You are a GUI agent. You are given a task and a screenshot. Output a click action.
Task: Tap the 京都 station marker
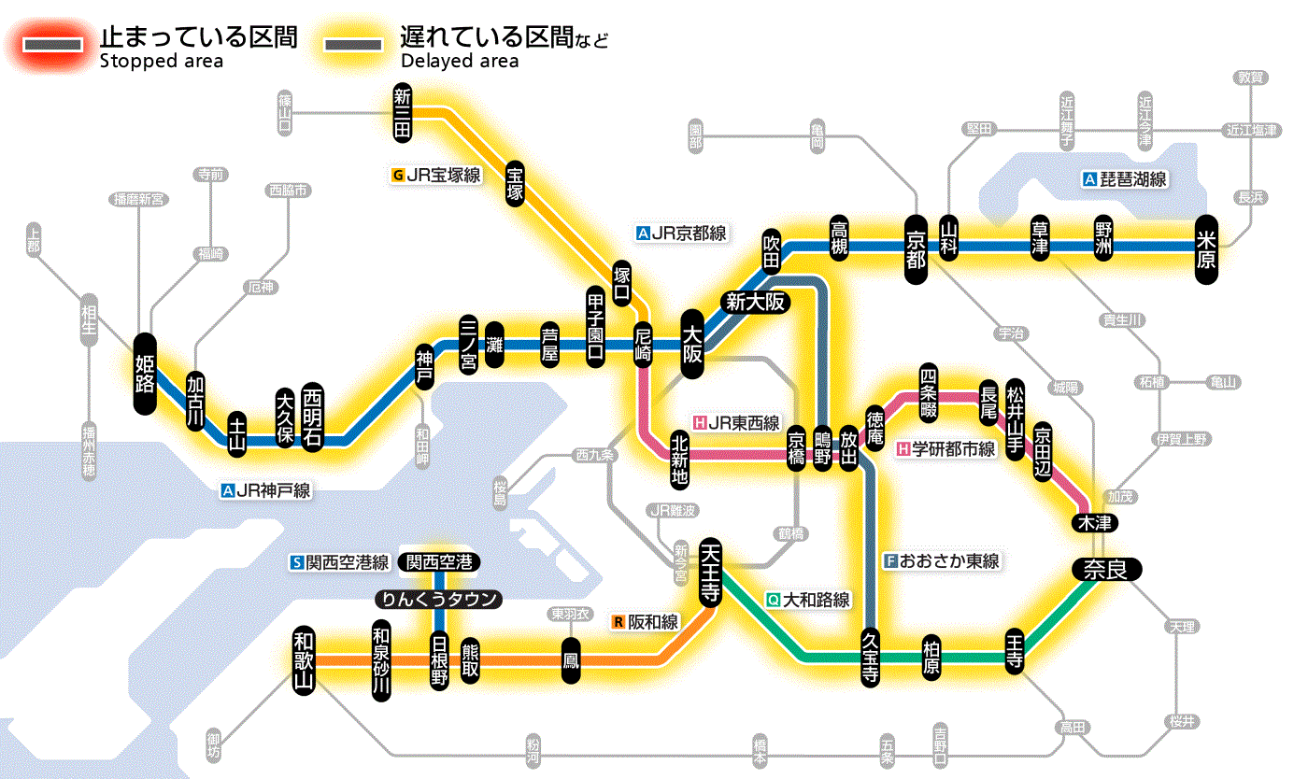coord(916,246)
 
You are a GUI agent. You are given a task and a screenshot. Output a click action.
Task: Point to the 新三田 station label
coord(403,113)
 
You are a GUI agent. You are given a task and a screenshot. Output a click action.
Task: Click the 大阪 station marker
coord(692,344)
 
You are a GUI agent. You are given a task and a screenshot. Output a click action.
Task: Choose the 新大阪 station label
coord(756,302)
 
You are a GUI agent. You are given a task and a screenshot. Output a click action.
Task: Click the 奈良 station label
coord(1106,568)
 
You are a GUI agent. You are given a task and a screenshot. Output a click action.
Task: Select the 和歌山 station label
coord(303,659)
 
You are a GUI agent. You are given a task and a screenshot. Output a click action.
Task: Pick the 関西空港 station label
coord(439,562)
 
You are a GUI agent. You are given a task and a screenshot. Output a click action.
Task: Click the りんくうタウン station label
coord(438,600)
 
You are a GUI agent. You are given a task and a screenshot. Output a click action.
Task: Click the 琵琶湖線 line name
coord(1133,179)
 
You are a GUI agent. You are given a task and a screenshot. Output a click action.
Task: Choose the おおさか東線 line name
coord(948,561)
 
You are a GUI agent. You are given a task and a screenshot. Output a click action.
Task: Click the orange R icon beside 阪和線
coord(618,621)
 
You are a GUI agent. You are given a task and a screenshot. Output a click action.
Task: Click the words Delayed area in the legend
coord(459,62)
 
